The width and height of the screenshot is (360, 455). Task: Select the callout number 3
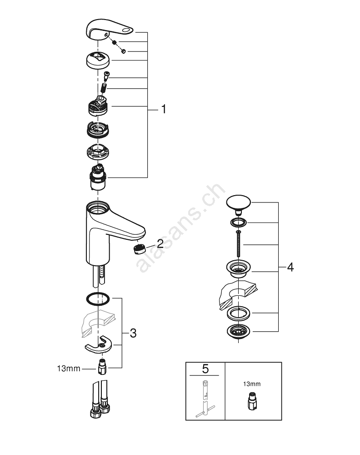(133, 334)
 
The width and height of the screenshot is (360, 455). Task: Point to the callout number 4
(290, 267)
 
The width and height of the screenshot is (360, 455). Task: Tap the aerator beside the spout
(138, 249)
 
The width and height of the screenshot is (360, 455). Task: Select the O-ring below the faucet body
(97, 299)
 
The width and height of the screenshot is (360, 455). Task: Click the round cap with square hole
(98, 60)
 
